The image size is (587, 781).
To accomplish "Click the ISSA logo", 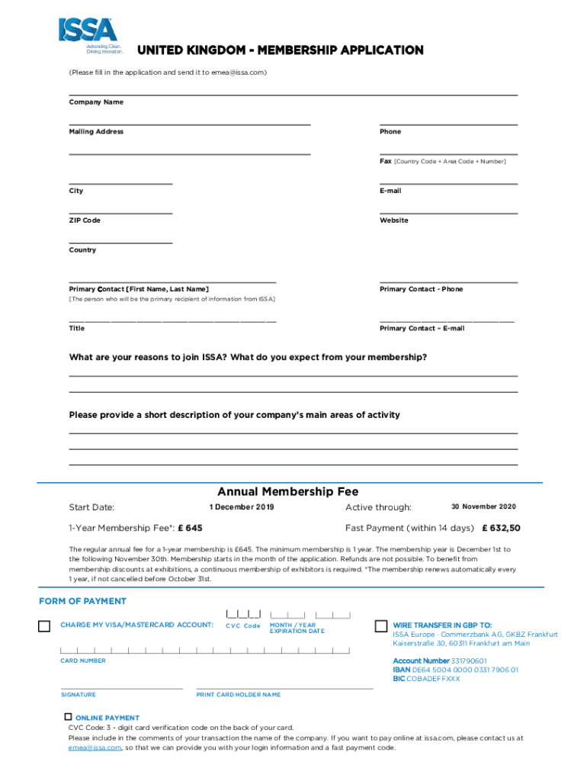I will coord(88,34).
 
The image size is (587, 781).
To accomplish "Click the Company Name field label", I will coord(96,102).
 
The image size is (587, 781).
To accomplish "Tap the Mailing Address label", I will coord(96,132).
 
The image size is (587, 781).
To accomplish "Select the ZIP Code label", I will coord(85,220).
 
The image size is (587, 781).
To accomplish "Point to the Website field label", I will coord(394,220).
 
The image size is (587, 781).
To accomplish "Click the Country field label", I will coord(82,250).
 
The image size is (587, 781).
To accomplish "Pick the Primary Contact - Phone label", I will coord(421,289).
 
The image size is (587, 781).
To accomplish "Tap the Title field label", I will coord(77,328).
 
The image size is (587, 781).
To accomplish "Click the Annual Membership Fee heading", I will coord(287,492).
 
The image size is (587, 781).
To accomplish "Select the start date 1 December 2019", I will coord(242,507).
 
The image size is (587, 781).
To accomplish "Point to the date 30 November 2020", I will coord(483,507).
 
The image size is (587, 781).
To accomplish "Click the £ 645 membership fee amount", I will coord(191,528).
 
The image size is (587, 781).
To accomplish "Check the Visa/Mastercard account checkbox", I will coord(44,626).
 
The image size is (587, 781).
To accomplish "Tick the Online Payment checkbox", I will coord(68,717).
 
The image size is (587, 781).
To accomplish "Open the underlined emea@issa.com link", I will coord(95,747).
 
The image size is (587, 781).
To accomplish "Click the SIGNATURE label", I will coord(79,695).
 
